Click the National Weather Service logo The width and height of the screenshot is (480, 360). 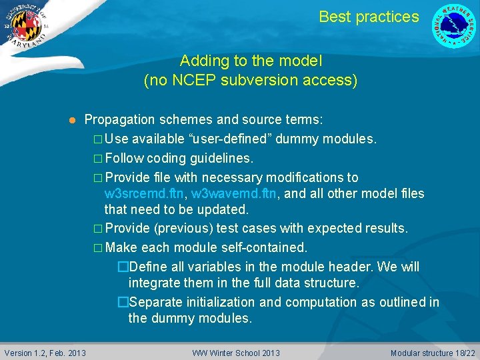click(x=454, y=26)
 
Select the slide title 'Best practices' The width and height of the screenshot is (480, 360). click(x=369, y=17)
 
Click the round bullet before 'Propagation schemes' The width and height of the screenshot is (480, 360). click(x=71, y=121)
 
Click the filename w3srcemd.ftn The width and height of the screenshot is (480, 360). click(x=145, y=194)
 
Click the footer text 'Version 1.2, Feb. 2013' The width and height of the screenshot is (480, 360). click(x=45, y=353)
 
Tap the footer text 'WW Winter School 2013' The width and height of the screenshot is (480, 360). click(x=236, y=353)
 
